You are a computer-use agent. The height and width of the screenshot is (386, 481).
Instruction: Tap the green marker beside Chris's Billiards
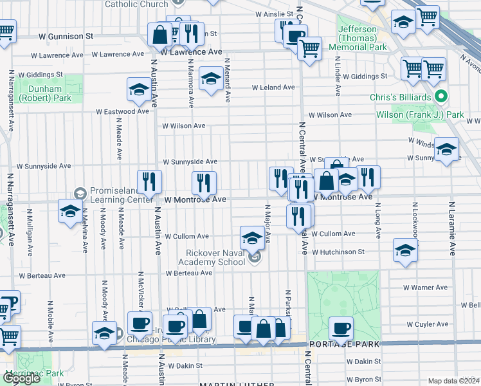point(440,97)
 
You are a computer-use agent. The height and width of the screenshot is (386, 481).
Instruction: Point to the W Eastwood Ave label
point(123,111)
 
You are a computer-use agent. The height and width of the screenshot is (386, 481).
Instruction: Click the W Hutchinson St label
point(343,252)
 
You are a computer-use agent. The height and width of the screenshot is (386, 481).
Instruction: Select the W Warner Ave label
point(424,288)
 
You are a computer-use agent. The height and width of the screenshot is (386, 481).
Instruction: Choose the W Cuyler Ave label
point(423,324)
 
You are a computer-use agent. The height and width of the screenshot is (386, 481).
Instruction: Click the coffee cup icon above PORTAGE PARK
point(341,329)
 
